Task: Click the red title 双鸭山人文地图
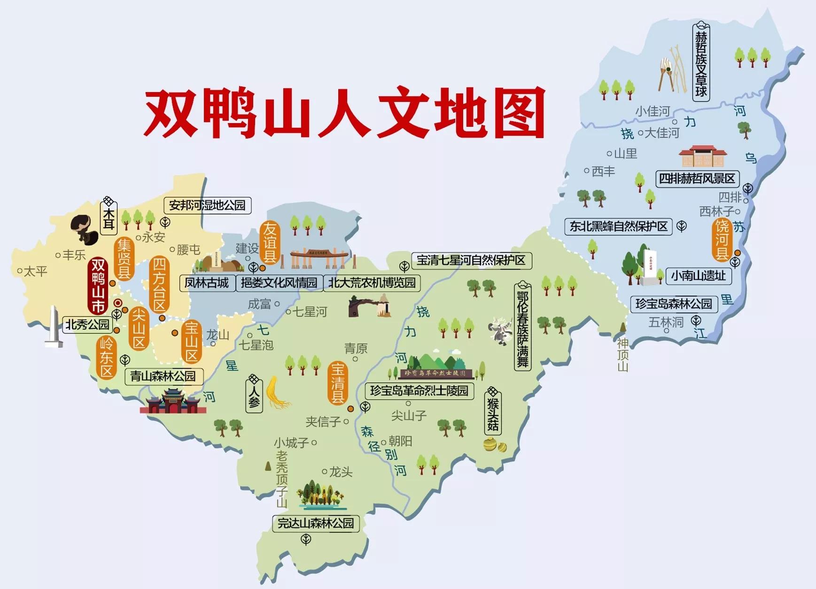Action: tap(344, 113)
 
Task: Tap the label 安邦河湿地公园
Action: tap(207, 205)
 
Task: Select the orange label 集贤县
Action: tap(124, 259)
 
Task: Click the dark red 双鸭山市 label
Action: tap(98, 286)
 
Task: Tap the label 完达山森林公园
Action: tap(315, 523)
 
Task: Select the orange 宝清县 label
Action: tap(338, 383)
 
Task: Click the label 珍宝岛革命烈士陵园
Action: tap(419, 391)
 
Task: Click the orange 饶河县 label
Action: tap(722, 240)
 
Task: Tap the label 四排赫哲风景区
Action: tap(697, 178)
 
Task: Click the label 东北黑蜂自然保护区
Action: tap(618, 226)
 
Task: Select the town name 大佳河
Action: tap(661, 133)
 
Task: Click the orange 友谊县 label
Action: tap(270, 243)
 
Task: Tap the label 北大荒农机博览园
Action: tap(372, 283)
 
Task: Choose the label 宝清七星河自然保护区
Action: tap(471, 260)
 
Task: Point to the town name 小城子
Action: tap(291, 442)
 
